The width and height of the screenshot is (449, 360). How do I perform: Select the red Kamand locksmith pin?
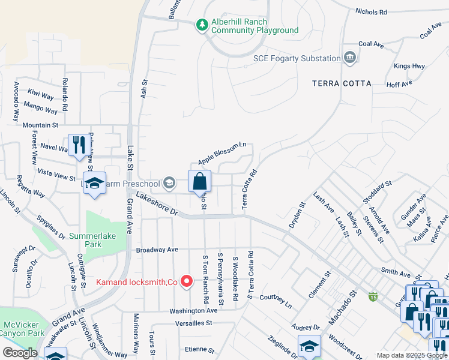pyautogui.click(x=186, y=281)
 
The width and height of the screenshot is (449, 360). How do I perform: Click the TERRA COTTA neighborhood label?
pyautogui.click(x=342, y=83)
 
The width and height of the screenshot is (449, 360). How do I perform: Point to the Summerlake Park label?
pyautogui.click(x=92, y=240)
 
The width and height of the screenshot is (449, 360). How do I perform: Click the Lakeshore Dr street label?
pyautogui.click(x=157, y=204)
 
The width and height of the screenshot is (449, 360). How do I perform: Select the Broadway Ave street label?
pyautogui.click(x=157, y=249)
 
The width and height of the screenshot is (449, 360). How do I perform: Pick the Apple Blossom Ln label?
pyautogui.click(x=222, y=154)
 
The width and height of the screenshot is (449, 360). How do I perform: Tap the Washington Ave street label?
pyautogui.click(x=193, y=311)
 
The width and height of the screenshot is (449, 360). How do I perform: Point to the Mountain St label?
pyautogui.click(x=40, y=125)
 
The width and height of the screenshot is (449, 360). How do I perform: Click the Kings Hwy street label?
pyautogui.click(x=409, y=66)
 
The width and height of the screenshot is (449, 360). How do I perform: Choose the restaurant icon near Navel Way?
pyautogui.click(x=79, y=145)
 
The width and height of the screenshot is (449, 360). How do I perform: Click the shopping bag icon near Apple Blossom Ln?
pyautogui.click(x=199, y=181)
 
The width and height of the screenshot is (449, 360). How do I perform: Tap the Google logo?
pyautogui.click(x=20, y=353)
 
